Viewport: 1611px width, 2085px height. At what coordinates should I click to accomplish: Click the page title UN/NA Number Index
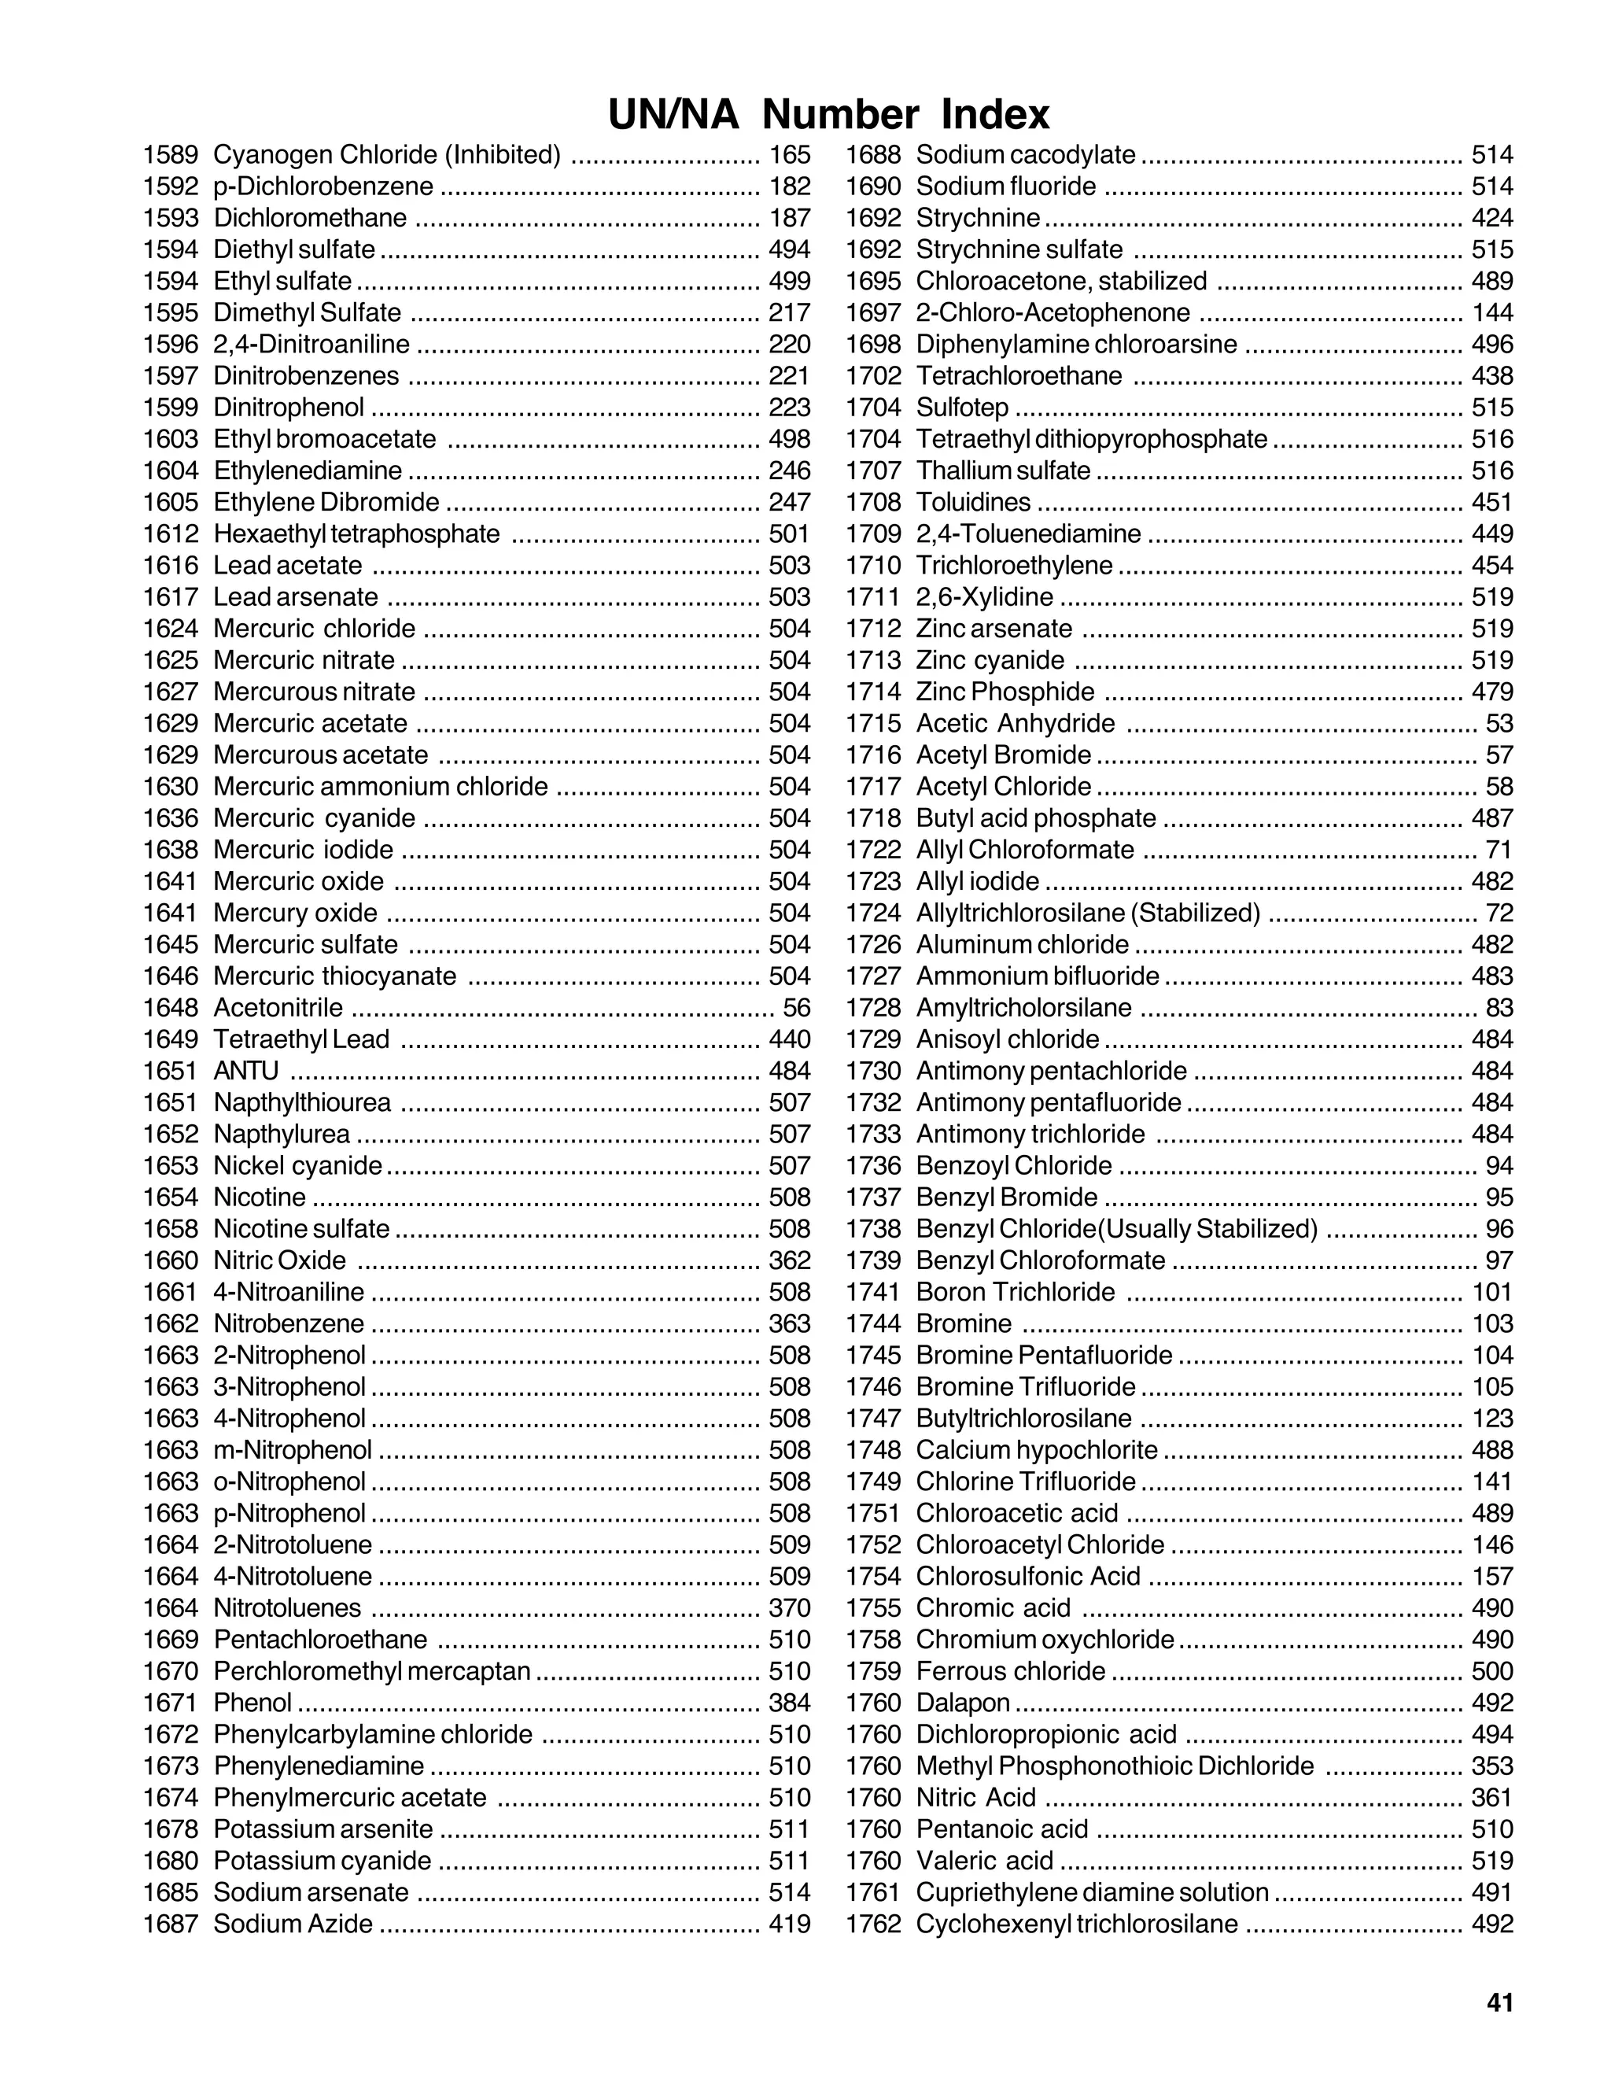[x=828, y=116]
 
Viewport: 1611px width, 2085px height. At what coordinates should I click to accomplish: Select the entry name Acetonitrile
[x=278, y=1007]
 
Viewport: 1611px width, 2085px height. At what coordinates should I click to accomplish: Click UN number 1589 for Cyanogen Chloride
[x=171, y=155]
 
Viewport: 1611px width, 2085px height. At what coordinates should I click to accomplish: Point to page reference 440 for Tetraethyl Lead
[x=789, y=1039]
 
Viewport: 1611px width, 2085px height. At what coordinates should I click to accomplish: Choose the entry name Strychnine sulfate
[x=1019, y=249]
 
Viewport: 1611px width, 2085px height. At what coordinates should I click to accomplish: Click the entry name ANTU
[x=246, y=1070]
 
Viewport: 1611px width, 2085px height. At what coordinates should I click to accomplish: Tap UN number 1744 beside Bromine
[x=873, y=1323]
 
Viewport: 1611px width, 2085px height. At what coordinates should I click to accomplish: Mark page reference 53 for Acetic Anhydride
[x=1499, y=723]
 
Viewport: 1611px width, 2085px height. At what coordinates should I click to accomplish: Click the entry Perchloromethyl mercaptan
[x=371, y=1670]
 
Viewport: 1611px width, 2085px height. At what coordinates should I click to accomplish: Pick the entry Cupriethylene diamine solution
[x=1092, y=1891]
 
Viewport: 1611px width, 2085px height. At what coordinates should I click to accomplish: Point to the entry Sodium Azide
[x=293, y=1923]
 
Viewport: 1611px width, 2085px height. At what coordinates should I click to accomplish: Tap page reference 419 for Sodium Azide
[x=789, y=1923]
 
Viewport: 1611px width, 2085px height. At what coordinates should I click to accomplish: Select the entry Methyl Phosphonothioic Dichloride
[x=1114, y=1766]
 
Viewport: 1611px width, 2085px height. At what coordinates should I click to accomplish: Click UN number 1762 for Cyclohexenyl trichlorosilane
[x=873, y=1923]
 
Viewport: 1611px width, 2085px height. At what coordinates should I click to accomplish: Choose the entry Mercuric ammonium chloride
[x=380, y=786]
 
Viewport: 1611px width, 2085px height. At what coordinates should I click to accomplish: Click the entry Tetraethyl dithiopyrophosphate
[x=1091, y=439]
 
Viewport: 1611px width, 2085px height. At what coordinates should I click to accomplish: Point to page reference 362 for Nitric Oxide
[x=789, y=1260]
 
